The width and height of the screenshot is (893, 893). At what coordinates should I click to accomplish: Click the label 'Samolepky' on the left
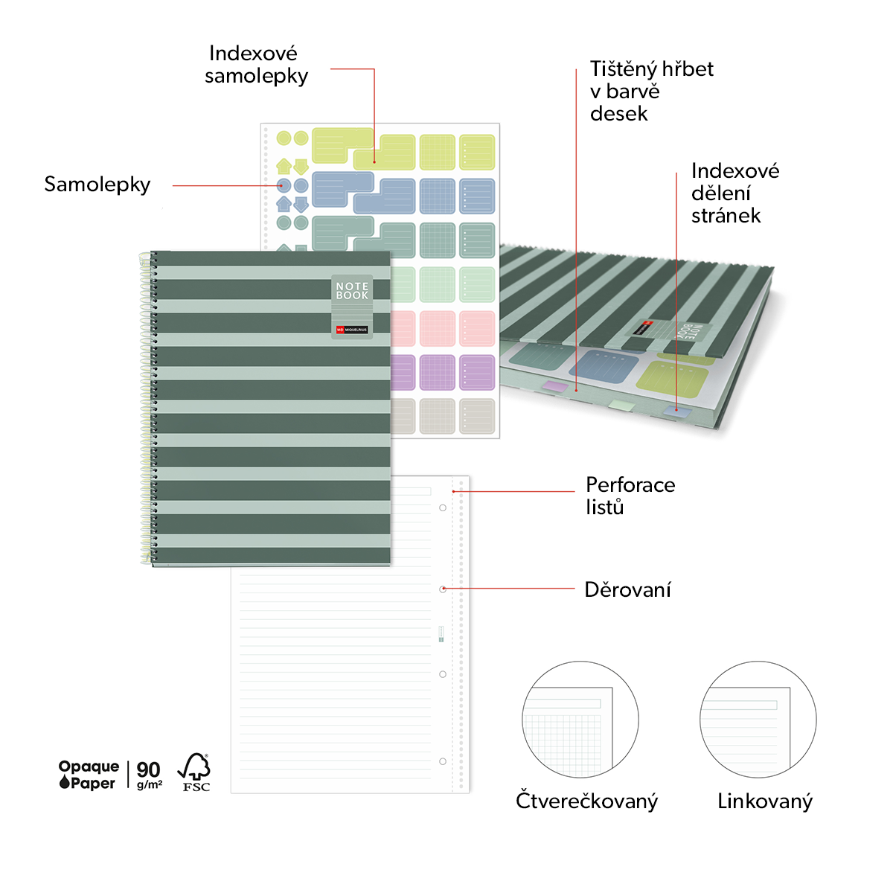(97, 185)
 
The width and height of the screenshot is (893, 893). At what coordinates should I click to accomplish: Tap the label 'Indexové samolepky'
(256, 65)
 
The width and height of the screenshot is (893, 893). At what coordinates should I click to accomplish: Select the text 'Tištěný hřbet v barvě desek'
(652, 92)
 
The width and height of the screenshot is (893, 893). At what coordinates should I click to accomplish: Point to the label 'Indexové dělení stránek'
(735, 193)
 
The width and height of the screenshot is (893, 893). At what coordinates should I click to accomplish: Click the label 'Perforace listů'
(630, 496)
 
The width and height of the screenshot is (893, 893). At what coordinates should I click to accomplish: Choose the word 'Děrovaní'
(627, 589)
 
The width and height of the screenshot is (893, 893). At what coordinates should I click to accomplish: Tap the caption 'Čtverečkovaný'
(586, 801)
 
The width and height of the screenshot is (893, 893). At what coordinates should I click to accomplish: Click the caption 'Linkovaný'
(765, 801)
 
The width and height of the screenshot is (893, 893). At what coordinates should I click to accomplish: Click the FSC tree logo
(194, 772)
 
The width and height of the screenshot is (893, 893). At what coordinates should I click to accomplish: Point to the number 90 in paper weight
(148, 769)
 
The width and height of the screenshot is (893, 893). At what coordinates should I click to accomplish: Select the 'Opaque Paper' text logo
(89, 775)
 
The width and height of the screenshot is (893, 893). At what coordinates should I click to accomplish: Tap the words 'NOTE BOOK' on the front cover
(352, 290)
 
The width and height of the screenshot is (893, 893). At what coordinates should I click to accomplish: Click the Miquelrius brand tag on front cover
(352, 330)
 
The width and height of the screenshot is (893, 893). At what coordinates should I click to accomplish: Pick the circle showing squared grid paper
(580, 719)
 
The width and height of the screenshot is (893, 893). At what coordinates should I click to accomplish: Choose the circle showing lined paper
(758, 719)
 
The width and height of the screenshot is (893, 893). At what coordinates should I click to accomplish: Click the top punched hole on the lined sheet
(443, 508)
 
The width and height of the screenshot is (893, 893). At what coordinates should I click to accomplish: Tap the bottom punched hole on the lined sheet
(443, 761)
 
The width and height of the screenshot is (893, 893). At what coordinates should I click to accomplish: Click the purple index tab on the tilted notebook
(555, 385)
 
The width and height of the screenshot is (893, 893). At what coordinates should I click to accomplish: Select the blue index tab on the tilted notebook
(677, 411)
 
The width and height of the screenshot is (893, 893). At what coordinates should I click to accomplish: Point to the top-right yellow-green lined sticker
(477, 152)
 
